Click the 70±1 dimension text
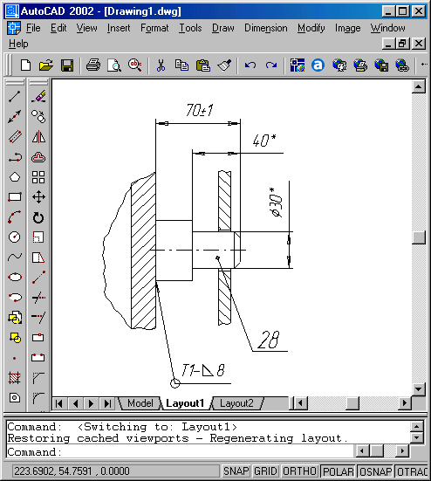click(200, 110)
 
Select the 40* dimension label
click(264, 141)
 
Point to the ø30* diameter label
click(276, 203)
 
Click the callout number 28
click(269, 340)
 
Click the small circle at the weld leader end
click(175, 383)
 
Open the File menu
click(33, 28)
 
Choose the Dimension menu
click(266, 28)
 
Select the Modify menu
click(311, 28)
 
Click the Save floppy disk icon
click(67, 65)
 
